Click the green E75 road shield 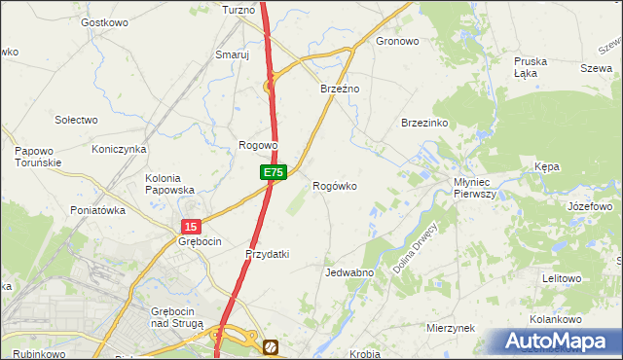[x=274, y=172]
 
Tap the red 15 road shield [x=191, y=226]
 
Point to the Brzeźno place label [x=341, y=89]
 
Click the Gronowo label [x=397, y=42]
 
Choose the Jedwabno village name [x=349, y=272]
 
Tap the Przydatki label [x=267, y=254]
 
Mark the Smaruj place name [x=233, y=55]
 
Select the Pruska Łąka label [x=531, y=67]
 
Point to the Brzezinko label [x=423, y=123]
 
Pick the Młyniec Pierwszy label [x=476, y=188]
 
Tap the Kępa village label [x=547, y=167]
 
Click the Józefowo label [x=589, y=207]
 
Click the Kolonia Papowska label [x=169, y=184]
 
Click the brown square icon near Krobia [x=271, y=346]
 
